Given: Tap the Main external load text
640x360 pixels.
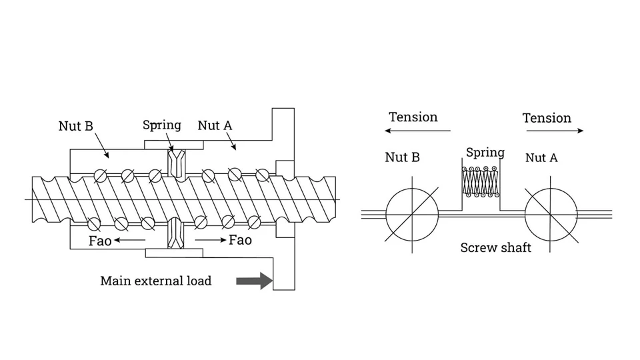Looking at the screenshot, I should click(x=155, y=281).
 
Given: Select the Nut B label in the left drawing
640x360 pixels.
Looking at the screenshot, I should click(x=75, y=126).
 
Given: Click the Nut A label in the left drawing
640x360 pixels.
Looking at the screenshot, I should click(x=215, y=125).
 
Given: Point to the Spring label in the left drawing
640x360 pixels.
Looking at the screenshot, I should click(x=161, y=125).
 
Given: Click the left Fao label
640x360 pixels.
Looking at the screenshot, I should click(x=100, y=241).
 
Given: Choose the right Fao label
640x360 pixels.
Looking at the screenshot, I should click(x=240, y=240).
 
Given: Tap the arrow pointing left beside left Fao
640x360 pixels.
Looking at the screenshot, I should click(x=131, y=240).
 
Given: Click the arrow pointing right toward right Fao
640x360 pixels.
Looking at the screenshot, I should click(x=210, y=240).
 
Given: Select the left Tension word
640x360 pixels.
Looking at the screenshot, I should click(x=413, y=117).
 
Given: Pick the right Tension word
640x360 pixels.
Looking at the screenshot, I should click(x=547, y=118).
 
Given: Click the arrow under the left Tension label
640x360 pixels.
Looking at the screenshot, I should click(x=418, y=131).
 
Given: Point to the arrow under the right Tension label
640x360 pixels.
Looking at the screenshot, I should click(x=555, y=131).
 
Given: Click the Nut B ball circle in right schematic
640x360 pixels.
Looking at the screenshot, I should click(x=412, y=215).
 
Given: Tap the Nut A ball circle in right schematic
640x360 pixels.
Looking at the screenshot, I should click(x=551, y=215).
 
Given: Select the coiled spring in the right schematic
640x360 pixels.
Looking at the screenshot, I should click(x=480, y=181).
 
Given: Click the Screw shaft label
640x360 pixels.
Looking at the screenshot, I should click(x=495, y=248).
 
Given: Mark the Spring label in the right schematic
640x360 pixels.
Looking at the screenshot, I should click(x=485, y=153).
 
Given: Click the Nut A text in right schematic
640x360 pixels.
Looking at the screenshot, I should click(x=541, y=158).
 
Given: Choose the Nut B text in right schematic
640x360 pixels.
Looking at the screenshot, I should click(x=402, y=157).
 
